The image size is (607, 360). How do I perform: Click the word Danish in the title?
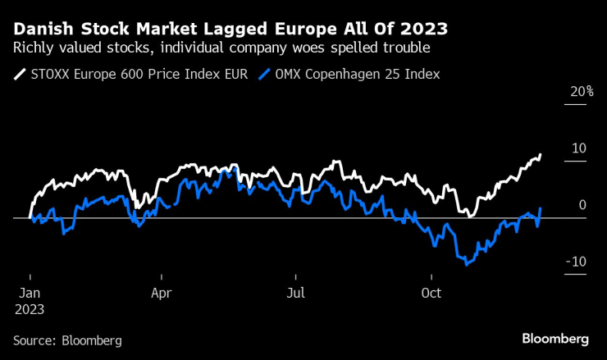pyautogui.click(x=40, y=30)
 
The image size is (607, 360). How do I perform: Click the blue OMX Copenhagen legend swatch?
pyautogui.click(x=264, y=74)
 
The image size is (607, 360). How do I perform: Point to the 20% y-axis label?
pyautogui.click(x=582, y=91)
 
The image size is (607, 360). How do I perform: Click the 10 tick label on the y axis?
pyautogui.click(x=578, y=148)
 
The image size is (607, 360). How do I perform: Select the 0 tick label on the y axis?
pyautogui.click(x=582, y=205)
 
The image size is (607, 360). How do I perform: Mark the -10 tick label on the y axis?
pyautogui.click(x=577, y=262)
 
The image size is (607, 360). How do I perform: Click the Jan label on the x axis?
pyautogui.click(x=30, y=293)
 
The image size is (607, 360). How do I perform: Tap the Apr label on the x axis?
pyautogui.click(x=162, y=293)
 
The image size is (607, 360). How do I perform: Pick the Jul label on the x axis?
pyautogui.click(x=296, y=293)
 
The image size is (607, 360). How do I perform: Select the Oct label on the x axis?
pyautogui.click(x=431, y=293)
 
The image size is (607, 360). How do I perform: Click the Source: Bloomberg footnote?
pyautogui.click(x=67, y=339)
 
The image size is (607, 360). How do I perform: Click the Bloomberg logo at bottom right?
pyautogui.click(x=555, y=338)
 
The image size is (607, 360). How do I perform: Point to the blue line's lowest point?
pyautogui.click(x=466, y=264)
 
